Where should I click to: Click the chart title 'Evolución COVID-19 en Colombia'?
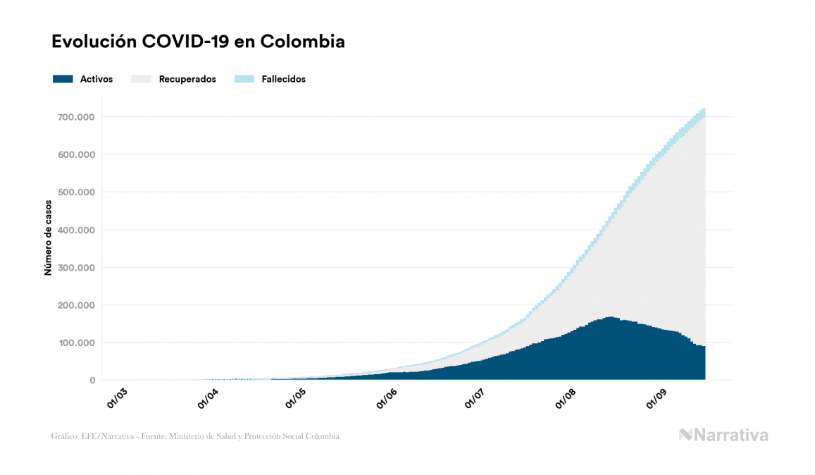[198, 42]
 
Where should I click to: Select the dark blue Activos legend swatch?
[63, 79]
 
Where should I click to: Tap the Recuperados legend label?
[187, 79]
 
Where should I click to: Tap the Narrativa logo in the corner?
[723, 435]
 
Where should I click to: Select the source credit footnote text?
[195, 436]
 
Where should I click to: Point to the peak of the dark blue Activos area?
[610, 319]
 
